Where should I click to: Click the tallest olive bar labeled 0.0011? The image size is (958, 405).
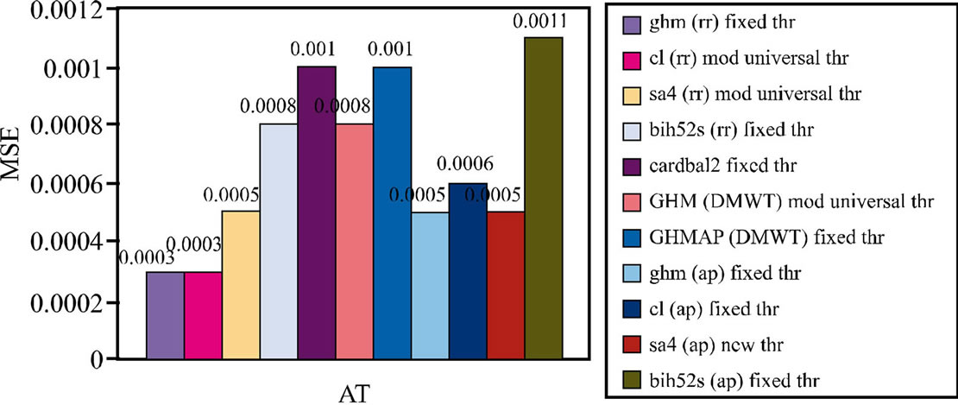pos(544,199)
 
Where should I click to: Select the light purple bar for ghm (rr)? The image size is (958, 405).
pos(165,315)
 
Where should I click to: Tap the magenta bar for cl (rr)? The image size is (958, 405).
pos(203,315)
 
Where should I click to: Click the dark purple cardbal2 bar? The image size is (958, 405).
pos(317,212)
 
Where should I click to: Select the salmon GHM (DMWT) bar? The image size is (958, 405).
pos(355,242)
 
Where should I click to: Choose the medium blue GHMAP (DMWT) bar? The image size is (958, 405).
pos(393,212)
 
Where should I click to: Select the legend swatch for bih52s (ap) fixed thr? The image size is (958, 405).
pos(633,378)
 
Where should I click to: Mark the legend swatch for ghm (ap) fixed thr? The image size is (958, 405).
pos(633,272)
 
